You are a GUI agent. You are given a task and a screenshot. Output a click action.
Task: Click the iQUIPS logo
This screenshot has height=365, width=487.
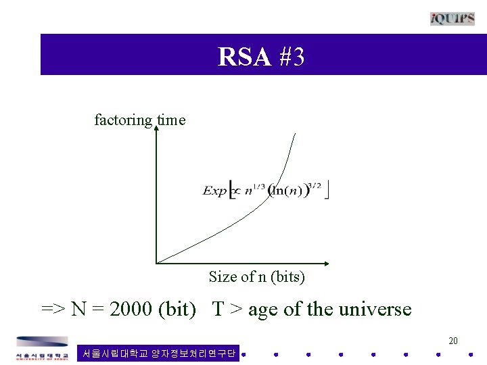(x=453, y=18)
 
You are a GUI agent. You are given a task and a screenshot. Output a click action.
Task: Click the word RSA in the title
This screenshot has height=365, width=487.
(x=244, y=57)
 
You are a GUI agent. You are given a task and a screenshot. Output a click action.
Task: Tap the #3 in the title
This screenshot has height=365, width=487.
(x=291, y=57)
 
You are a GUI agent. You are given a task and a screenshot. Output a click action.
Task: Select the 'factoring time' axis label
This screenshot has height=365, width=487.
(x=139, y=120)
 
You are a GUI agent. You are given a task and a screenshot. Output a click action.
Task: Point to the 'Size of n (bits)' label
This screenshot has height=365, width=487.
(x=257, y=276)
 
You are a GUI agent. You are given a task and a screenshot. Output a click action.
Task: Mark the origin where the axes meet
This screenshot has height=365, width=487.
(x=156, y=262)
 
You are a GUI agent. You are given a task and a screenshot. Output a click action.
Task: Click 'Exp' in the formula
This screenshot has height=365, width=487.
(x=214, y=191)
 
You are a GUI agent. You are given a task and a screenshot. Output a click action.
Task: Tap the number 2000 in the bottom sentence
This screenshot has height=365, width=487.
(x=131, y=309)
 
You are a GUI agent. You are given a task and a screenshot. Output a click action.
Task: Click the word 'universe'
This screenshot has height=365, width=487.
(x=375, y=309)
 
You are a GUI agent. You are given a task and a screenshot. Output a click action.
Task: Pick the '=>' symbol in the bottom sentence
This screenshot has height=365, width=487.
(x=53, y=310)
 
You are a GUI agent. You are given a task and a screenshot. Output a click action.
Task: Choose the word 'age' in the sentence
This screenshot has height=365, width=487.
(x=262, y=310)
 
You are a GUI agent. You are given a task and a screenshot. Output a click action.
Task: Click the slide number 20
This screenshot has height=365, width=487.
(x=453, y=341)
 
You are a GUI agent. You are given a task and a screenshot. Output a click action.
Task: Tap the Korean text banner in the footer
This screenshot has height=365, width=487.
(x=158, y=353)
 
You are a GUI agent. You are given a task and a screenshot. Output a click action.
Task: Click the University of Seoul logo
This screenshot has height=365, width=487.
(x=42, y=349)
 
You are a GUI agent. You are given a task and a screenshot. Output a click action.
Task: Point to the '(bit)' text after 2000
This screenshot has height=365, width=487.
(x=177, y=309)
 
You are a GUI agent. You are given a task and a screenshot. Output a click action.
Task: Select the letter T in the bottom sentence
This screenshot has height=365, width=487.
(x=218, y=309)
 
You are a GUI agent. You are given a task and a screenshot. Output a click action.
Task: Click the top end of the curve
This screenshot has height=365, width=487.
(x=296, y=134)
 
